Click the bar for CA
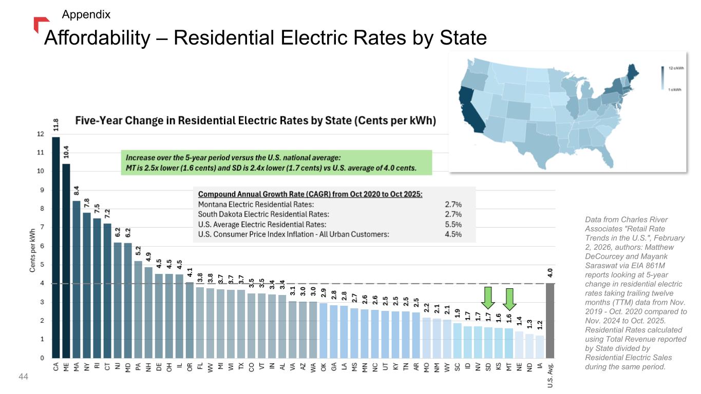point(56,247)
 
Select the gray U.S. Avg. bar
point(550,321)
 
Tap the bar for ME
point(66,261)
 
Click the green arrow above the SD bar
point(488,298)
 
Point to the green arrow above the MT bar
point(509,299)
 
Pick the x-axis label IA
point(540,366)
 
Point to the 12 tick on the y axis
point(41,134)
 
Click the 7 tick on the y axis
point(42,227)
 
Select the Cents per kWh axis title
point(32,250)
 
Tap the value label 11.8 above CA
point(56,125)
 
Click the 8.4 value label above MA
point(77,190)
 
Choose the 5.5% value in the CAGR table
point(453,225)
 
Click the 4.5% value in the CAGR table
point(453,234)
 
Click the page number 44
point(24,377)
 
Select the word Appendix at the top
point(86,14)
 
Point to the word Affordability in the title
point(97,38)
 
